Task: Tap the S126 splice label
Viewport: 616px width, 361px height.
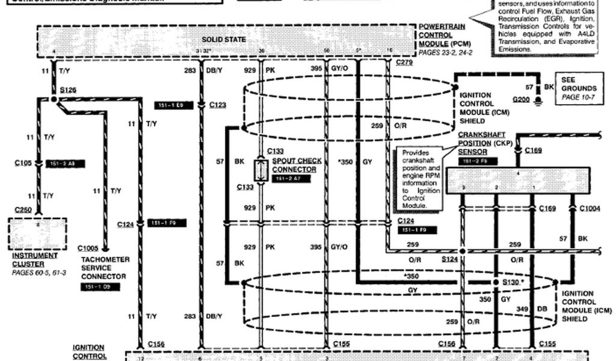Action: (68, 90)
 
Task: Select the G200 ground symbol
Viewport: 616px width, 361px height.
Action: (522, 98)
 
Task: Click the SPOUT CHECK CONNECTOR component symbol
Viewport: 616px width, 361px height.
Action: (261, 171)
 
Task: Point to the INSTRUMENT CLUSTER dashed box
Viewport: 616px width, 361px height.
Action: (37, 233)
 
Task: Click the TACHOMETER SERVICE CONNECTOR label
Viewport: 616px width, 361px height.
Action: (103, 268)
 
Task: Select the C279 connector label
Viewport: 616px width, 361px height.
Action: (404, 62)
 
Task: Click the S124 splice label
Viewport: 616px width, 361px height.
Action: (449, 259)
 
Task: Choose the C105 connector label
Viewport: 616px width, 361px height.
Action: (23, 163)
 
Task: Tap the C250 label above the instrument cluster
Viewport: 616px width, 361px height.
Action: (23, 210)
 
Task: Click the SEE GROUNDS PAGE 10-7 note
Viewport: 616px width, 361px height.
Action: (578, 88)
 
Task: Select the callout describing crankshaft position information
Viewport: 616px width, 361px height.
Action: (420, 179)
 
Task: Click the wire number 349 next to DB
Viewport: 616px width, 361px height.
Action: (523, 309)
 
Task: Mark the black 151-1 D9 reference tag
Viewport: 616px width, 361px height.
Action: (100, 288)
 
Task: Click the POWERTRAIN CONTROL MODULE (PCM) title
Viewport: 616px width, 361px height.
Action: (445, 35)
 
